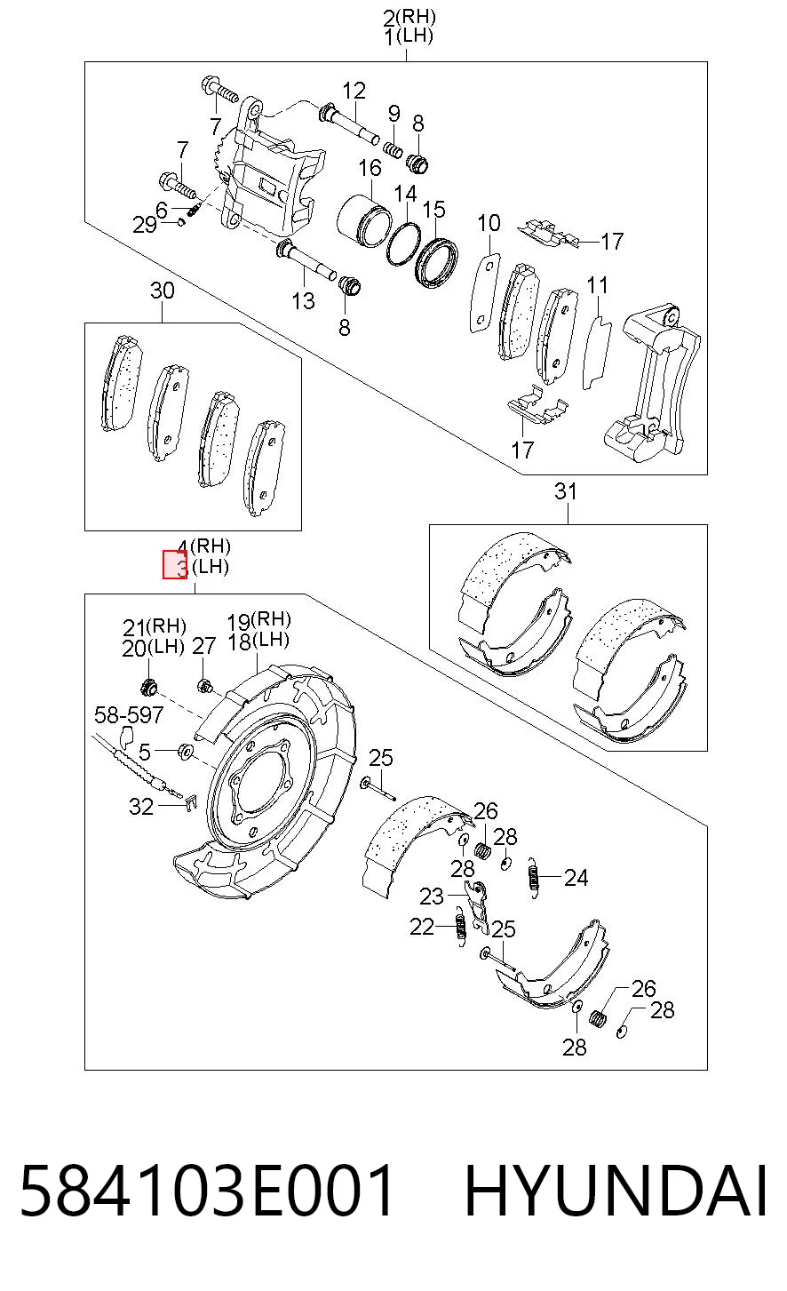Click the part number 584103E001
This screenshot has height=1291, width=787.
[206, 1191]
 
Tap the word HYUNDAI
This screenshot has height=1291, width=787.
[616, 1191]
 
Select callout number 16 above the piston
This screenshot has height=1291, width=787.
[370, 168]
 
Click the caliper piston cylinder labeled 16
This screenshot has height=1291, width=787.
[363, 220]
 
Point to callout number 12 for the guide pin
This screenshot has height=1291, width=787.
[354, 91]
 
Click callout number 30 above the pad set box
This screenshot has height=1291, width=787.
[162, 291]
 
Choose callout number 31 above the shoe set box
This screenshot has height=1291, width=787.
[565, 491]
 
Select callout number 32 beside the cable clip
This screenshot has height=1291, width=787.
[141, 806]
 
